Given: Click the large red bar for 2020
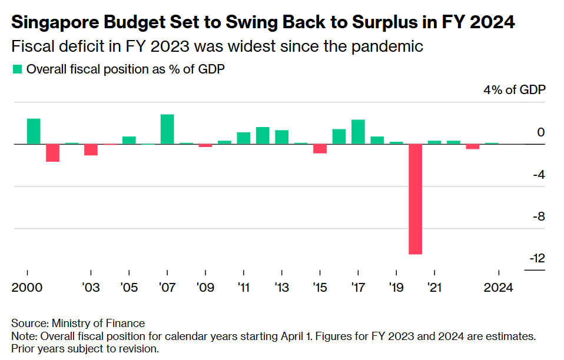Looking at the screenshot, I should coord(416,199).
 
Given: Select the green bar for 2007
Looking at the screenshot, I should coord(167,129).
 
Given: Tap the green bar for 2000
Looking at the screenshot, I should coord(34,131).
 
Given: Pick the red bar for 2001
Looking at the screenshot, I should coord(53,153).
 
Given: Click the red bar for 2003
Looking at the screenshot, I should coord(91,149).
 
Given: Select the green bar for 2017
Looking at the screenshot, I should coord(358,132).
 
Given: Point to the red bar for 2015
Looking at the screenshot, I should coord(320,148).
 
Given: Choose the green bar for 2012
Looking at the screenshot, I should coord(263,135).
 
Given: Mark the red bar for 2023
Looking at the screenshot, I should coord(472,146).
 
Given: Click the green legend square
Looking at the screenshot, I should coord(17,69).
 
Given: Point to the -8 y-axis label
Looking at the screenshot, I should coord(538,216).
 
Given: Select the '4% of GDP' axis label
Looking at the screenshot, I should coord(515,90).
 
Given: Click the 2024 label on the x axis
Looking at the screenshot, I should coord(499,288).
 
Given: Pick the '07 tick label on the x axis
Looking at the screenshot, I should coord(167,288).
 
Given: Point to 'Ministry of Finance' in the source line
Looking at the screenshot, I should coord(98,323).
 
